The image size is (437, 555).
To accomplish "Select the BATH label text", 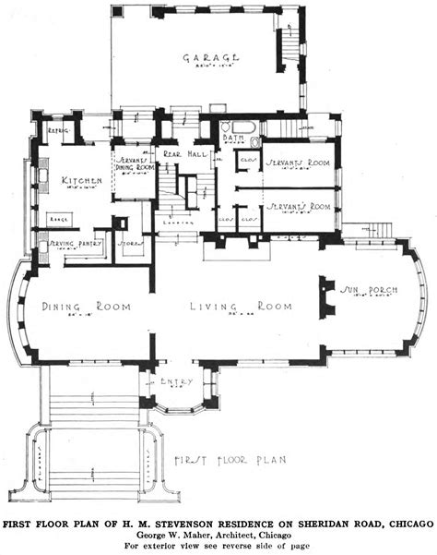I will coord(233,139).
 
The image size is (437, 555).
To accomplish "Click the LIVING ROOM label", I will coord(242,306).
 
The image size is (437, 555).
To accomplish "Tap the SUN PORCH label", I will coord(369,290).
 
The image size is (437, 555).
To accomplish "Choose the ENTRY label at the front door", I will coord(178,381).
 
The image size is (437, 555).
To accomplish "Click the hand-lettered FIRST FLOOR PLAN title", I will coord(232,458).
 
